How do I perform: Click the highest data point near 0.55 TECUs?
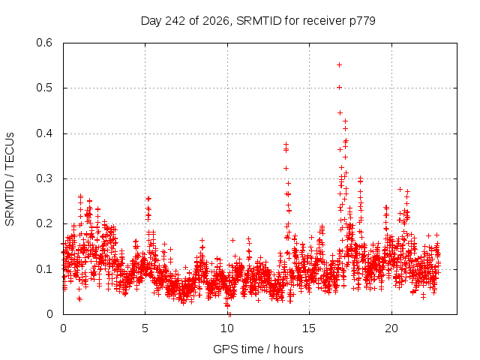point(339,65)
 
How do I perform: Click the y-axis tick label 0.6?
point(44,42)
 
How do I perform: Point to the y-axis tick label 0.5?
point(44,88)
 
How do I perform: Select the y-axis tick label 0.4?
point(44,133)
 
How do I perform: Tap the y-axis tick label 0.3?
point(44,178)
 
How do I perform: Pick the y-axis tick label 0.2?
point(44,223)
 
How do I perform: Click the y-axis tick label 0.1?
point(44,269)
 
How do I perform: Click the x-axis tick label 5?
point(145,328)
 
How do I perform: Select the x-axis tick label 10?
point(227,328)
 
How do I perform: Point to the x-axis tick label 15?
point(309,328)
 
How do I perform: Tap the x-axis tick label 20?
point(391,328)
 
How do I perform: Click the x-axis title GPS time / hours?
point(258,349)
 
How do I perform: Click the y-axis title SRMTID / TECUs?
point(10,179)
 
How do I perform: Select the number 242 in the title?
point(175,21)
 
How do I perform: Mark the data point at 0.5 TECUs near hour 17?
point(339,88)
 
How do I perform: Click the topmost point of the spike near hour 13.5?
point(286,144)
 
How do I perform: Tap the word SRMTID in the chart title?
point(259,21)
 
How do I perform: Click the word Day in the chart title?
point(151,21)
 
